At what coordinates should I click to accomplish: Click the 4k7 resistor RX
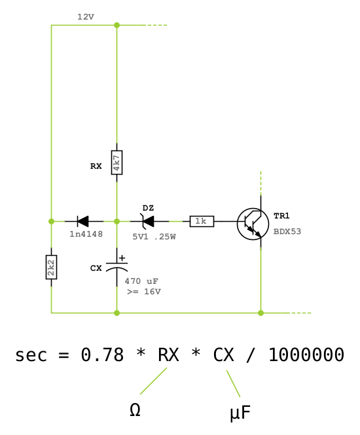pos(117,163)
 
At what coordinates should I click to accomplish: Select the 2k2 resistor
pos(51,267)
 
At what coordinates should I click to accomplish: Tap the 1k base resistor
pos(202,221)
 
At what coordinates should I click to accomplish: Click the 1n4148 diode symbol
pos(82,221)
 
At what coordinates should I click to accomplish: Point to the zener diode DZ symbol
pos(147,221)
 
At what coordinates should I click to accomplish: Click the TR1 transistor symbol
pos(253,224)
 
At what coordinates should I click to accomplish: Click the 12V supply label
pos(86,17)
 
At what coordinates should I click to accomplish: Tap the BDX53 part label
pos(287,232)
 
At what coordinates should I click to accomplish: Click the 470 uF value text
pos(141,281)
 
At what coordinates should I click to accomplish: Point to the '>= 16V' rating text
pos(144,292)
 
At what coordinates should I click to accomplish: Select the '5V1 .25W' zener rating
pos(154,237)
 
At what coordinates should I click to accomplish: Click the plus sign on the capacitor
pos(122,258)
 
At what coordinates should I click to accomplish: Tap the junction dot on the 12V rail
pos(117,26)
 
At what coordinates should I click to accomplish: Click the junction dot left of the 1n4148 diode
pos(51,221)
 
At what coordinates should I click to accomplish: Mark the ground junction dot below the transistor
pos(261,313)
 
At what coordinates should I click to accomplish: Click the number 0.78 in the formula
pos(102,355)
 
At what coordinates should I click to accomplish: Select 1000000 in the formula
pos(306,355)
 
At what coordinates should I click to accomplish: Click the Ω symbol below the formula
pos(135,409)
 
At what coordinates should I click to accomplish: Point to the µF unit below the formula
pos(240,413)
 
